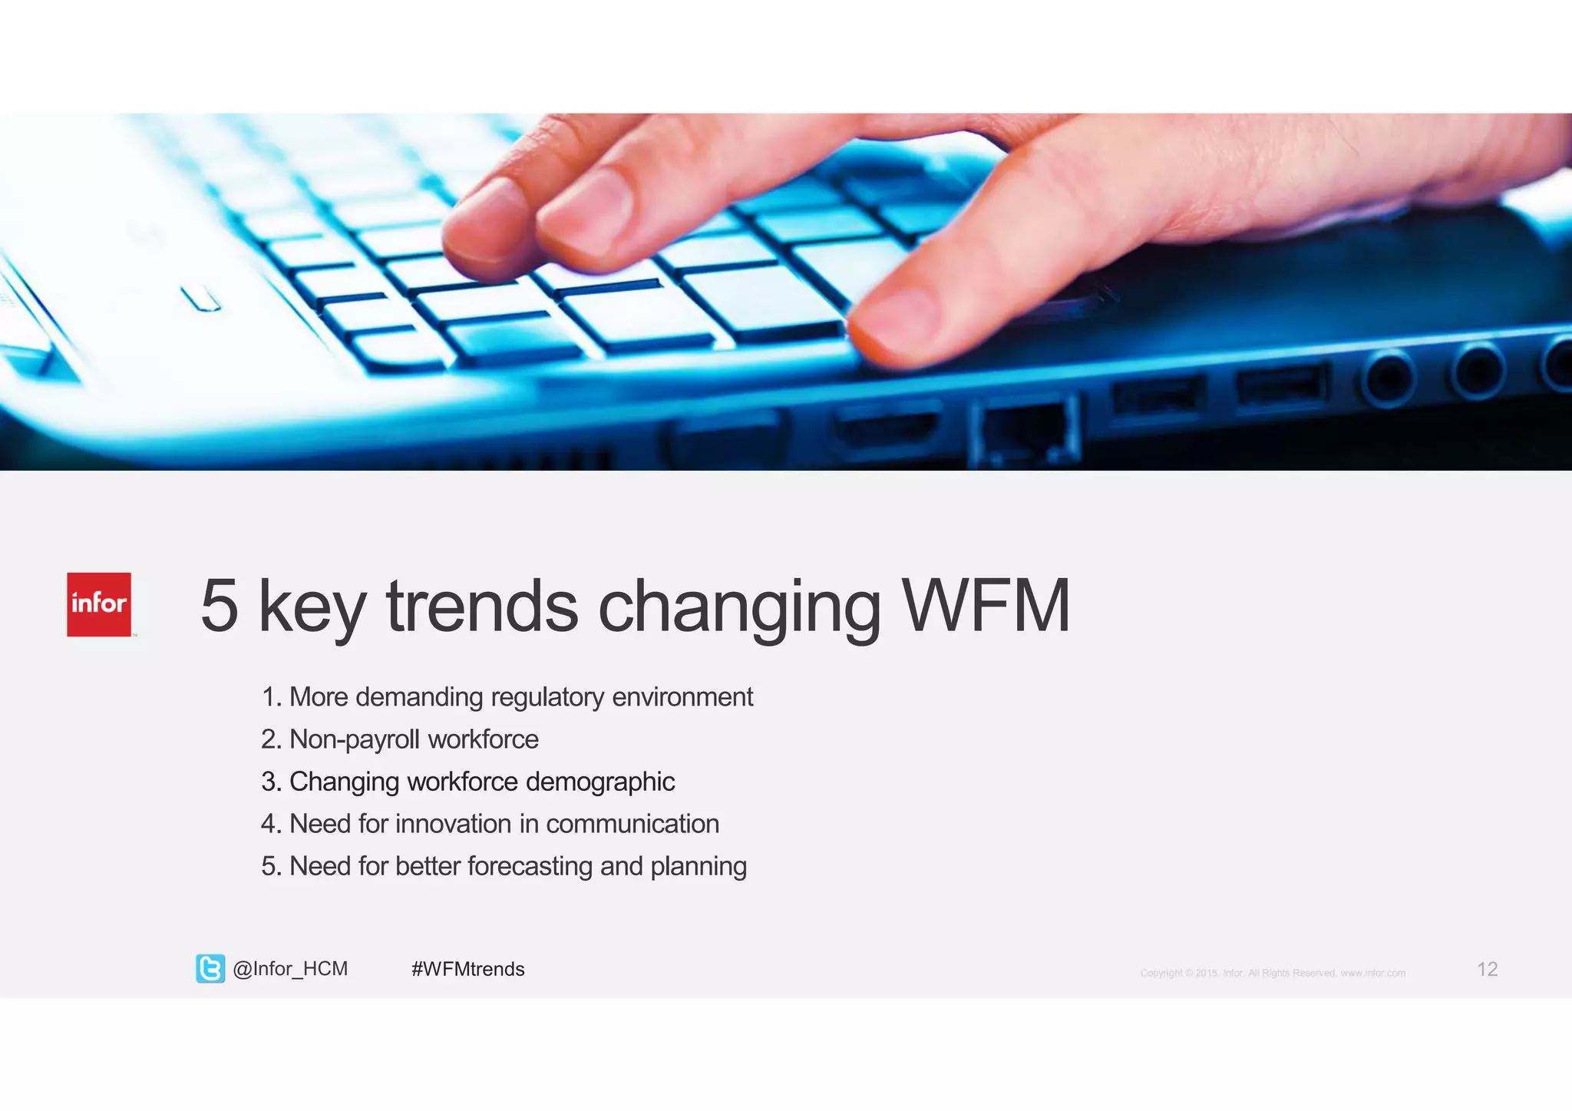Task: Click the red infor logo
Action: pos(99,604)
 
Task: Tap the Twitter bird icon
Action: pos(210,969)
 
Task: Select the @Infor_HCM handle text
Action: pos(290,969)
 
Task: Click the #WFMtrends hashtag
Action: pos(468,969)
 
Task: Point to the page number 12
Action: pos(1487,969)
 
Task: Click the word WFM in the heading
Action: pos(986,606)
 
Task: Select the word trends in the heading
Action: pos(482,606)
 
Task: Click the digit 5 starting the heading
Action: pos(220,606)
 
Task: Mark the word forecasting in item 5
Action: pos(530,866)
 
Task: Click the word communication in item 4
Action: pos(632,824)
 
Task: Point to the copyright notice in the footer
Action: pos(1273,973)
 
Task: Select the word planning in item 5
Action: pos(698,866)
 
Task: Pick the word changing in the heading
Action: pos(739,606)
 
